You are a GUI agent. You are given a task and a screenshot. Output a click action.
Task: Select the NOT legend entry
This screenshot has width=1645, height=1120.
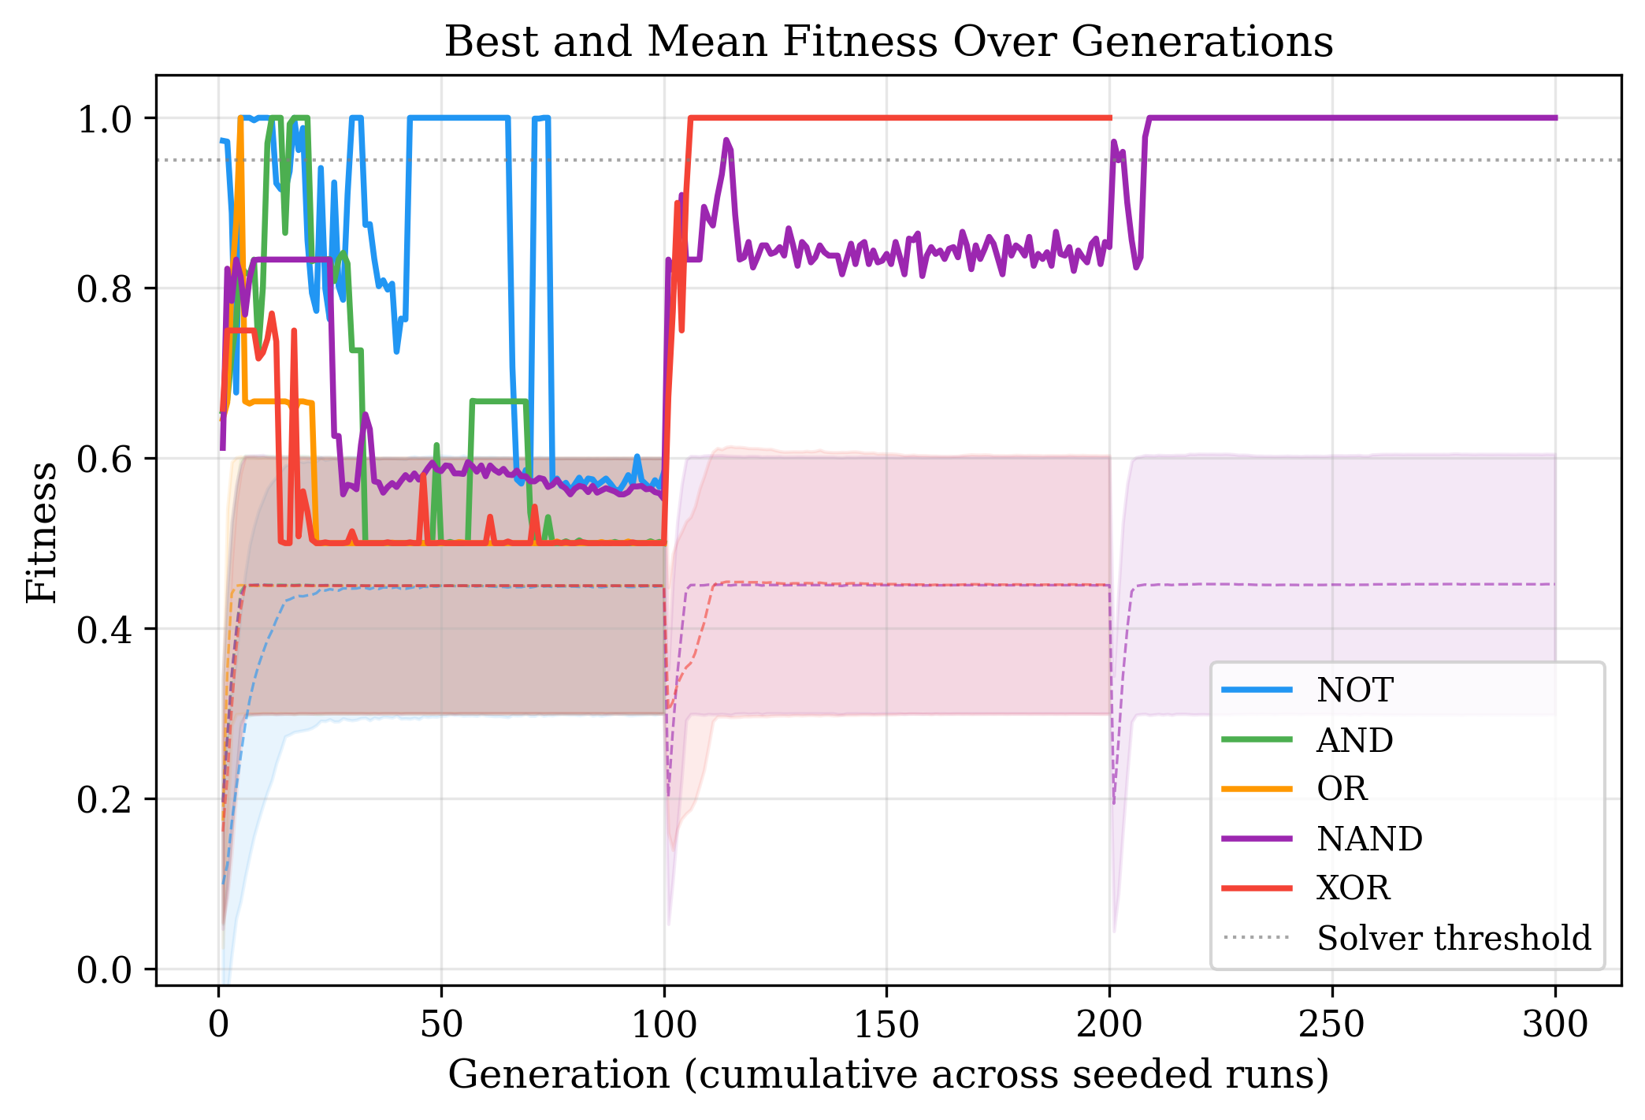point(1354,690)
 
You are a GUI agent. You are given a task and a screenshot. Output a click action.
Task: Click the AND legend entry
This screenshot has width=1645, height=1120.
point(1354,740)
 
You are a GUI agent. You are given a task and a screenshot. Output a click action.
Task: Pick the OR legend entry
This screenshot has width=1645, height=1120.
point(1342,789)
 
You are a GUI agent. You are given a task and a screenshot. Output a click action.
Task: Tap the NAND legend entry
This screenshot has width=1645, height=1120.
point(1368,839)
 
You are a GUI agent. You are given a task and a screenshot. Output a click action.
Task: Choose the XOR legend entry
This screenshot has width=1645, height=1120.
point(1353,888)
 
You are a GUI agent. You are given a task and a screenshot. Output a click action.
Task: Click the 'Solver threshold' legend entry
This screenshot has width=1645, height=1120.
point(1453,938)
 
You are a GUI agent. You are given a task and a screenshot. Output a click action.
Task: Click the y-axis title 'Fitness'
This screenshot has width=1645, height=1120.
point(41,532)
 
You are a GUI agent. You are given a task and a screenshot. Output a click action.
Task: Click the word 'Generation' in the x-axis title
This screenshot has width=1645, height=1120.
point(558,1074)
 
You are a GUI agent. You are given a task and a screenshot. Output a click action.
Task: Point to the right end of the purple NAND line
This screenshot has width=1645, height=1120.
point(1555,118)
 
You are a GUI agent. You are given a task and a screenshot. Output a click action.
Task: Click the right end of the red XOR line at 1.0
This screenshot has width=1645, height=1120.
point(1109,118)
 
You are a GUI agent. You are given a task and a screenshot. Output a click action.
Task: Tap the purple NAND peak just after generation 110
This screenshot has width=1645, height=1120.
point(726,140)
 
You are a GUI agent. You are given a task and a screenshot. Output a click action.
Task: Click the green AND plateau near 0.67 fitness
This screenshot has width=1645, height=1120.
point(498,401)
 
